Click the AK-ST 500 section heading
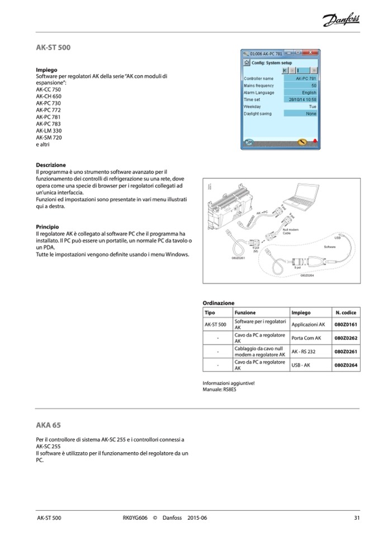click(x=53, y=48)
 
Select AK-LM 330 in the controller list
click(x=49, y=131)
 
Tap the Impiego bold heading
click(x=46, y=69)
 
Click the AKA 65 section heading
click(x=48, y=425)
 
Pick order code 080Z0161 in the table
click(x=345, y=324)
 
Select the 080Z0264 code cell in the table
click(x=345, y=366)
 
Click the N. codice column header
click(x=345, y=312)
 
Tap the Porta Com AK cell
click(x=306, y=338)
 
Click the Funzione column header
click(x=245, y=312)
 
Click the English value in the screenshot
click(x=309, y=93)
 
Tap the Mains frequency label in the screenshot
click(x=259, y=86)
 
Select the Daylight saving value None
click(x=311, y=113)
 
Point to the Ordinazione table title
click(x=219, y=302)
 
